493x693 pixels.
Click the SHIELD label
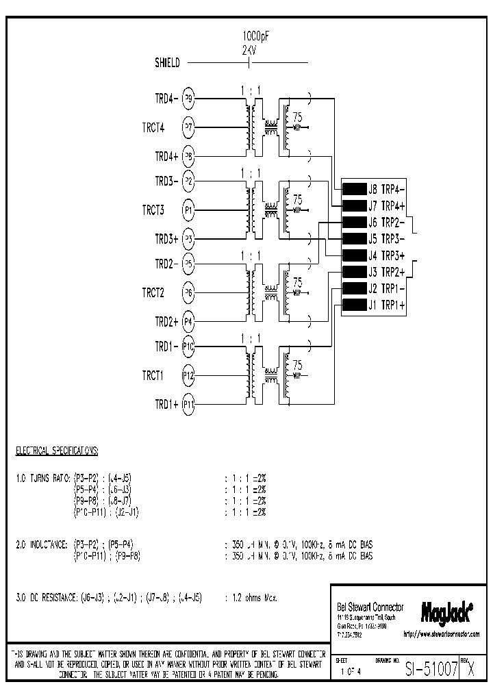167,64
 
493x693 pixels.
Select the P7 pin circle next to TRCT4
189,127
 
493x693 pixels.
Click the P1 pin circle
189,210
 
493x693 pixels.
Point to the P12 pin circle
189,375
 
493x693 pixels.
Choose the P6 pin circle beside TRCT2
189,292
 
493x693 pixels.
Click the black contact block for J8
353,190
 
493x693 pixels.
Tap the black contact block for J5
353,239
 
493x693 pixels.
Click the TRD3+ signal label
166,239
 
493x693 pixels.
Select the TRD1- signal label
166,347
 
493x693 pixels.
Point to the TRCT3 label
153,210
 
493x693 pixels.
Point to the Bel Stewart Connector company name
370,607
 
